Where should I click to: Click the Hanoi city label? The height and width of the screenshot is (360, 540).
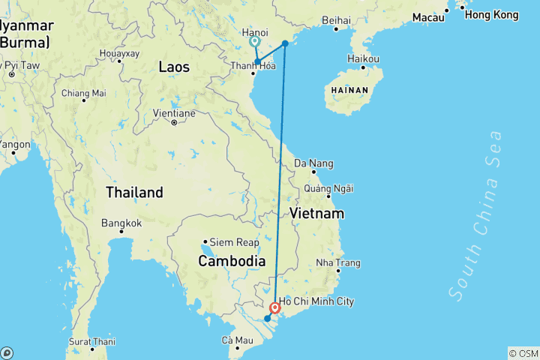click(255, 32)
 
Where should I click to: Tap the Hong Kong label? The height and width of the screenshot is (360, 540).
click(491, 14)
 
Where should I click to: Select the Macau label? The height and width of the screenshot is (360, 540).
click(427, 16)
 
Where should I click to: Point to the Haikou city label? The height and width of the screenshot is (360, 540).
click(363, 58)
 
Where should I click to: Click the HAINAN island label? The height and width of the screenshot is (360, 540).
click(349, 90)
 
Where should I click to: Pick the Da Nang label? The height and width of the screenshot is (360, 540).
click(313, 163)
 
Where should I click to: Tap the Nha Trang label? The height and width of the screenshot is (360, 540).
click(338, 262)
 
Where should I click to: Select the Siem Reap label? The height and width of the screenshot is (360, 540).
click(234, 242)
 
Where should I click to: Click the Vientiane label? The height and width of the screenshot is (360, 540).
click(174, 113)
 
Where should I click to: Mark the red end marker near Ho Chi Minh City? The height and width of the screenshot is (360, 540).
click(275, 307)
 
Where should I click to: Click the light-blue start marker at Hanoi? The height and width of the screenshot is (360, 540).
click(255, 42)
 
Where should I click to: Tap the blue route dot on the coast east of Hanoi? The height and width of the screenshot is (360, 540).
click(285, 43)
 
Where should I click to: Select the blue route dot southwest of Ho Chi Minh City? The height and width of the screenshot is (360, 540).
click(267, 319)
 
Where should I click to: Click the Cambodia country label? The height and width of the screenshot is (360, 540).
click(231, 260)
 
